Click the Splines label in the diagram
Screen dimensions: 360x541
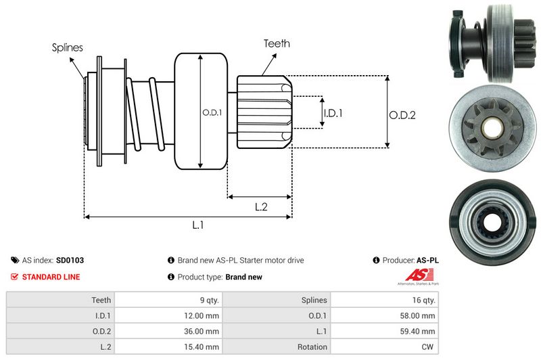(x=68, y=47)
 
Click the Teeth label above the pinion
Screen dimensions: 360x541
(x=277, y=43)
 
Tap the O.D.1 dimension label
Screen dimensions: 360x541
(x=212, y=112)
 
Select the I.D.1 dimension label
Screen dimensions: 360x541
(x=333, y=113)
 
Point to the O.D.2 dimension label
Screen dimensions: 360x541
(x=402, y=115)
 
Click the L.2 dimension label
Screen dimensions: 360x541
(x=261, y=208)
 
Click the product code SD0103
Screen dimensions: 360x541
(x=70, y=260)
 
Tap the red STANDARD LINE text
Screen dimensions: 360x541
(x=51, y=277)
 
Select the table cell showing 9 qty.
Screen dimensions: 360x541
(x=206, y=300)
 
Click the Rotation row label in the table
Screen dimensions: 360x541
(x=312, y=346)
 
